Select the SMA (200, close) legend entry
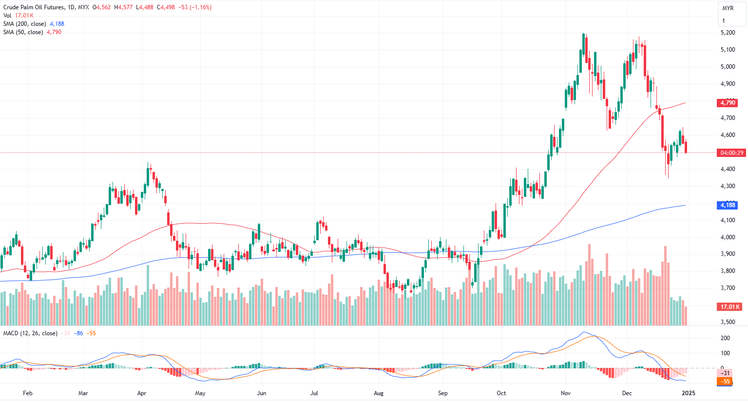[x=25, y=24]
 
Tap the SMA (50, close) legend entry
[x=23, y=32]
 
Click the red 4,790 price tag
[x=728, y=103]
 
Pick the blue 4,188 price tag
[x=728, y=205]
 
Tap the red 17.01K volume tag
[x=730, y=307]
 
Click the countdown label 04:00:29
[x=732, y=153]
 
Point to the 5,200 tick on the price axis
[x=728, y=33]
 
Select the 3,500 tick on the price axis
[x=728, y=322]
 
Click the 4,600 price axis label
[x=728, y=135]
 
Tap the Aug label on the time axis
[x=379, y=393]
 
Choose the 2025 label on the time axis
[x=688, y=393]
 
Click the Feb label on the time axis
[x=28, y=393]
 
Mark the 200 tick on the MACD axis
[x=725, y=338]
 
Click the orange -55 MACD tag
[x=726, y=382]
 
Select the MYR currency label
[x=728, y=8]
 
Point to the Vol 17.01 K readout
[x=19, y=16]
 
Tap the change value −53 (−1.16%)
[x=194, y=7]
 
